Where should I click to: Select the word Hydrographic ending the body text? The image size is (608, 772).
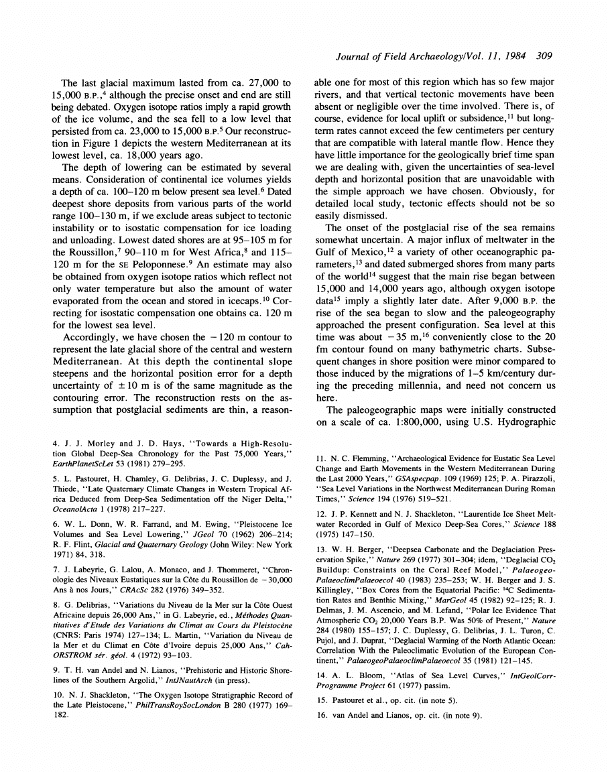(522, 423)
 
